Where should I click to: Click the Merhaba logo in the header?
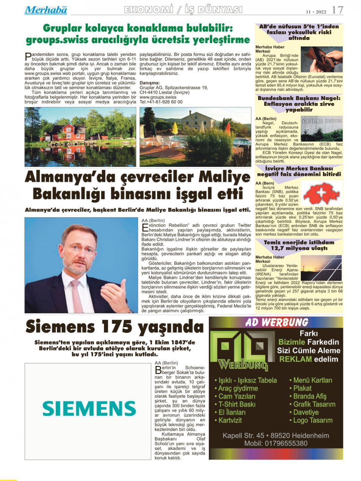point(46,10)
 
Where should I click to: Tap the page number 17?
point(337,10)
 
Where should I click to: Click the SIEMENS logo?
point(89,408)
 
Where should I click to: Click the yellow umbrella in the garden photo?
point(175,128)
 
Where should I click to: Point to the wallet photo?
point(321,59)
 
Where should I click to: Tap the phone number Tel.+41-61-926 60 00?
point(161,102)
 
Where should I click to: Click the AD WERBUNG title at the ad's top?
point(276,322)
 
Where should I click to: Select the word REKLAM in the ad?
point(296,359)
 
